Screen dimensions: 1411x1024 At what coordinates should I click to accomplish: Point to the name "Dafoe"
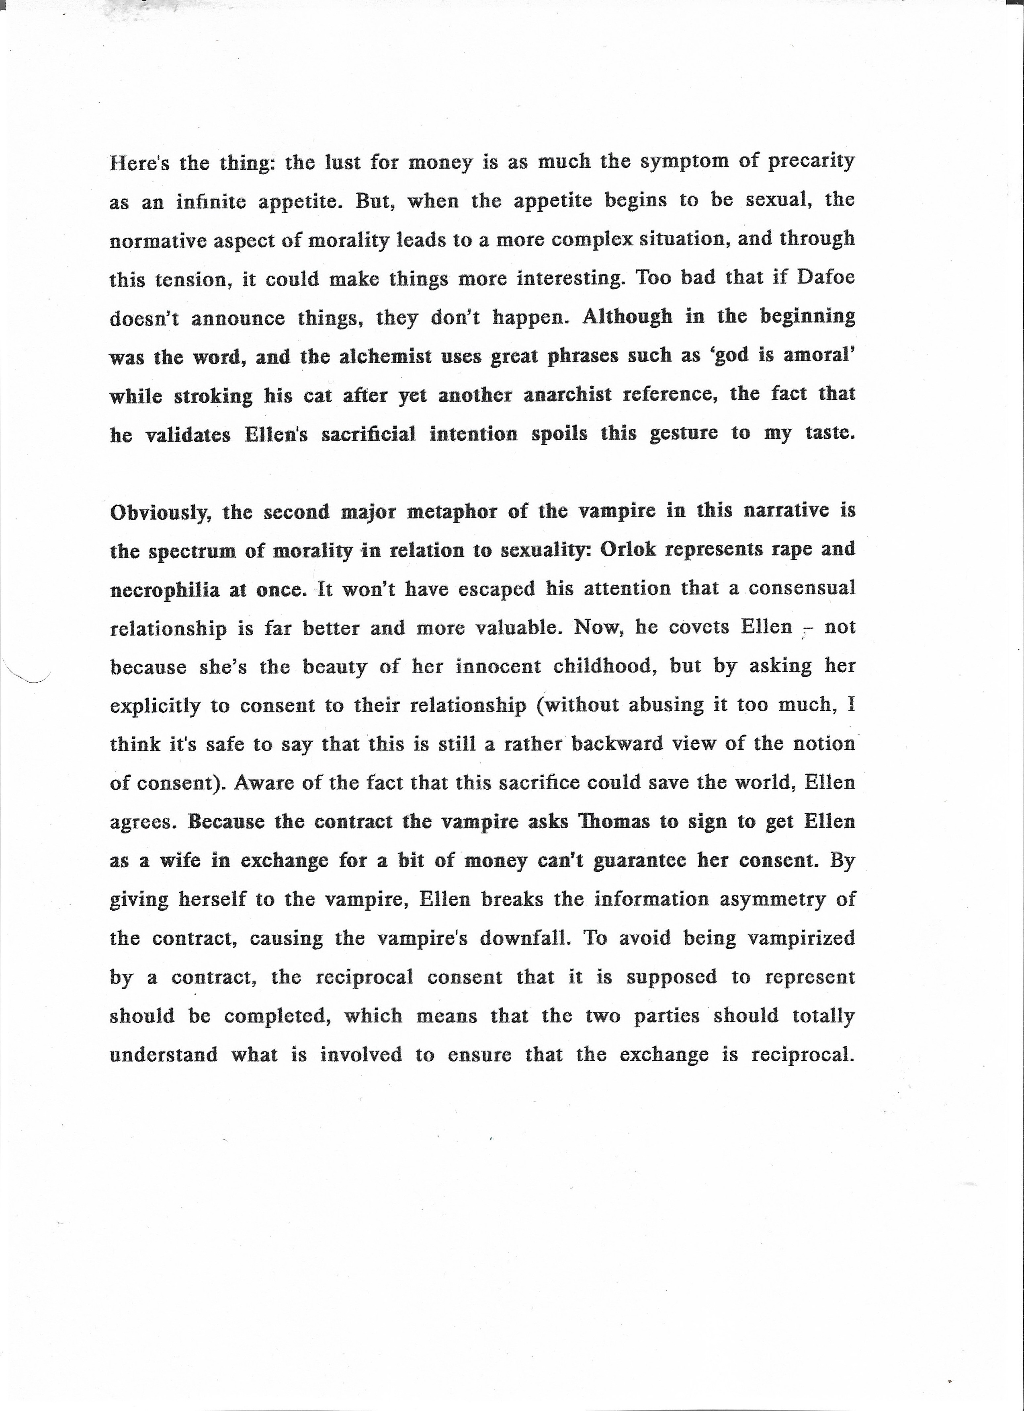point(825,278)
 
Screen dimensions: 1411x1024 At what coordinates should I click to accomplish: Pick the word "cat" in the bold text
point(317,396)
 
